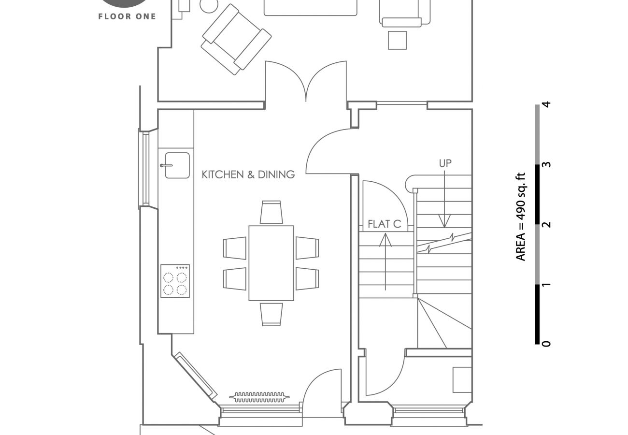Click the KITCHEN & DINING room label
tap(248, 174)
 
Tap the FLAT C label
tap(385, 224)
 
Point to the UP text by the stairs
tap(445, 163)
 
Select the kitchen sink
tap(177, 165)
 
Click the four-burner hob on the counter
tap(175, 281)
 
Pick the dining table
tap(271, 263)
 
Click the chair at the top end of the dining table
tap(271, 212)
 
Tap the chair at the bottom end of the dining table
tap(271, 314)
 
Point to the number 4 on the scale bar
tap(546, 104)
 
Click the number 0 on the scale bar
tap(546, 344)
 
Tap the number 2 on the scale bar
tap(546, 224)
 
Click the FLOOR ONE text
tap(127, 16)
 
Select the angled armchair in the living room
tap(236, 40)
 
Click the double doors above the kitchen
tap(306, 82)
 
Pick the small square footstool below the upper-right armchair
tap(397, 40)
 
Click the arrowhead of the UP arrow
tap(444, 222)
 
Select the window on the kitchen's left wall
tap(145, 168)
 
